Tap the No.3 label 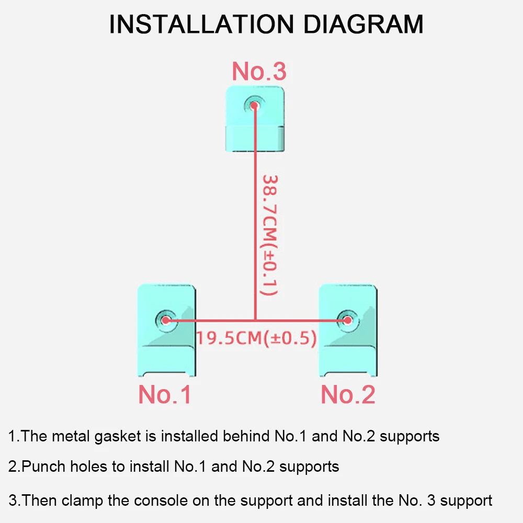[x=259, y=71]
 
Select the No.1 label [x=165, y=394]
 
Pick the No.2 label [x=348, y=394]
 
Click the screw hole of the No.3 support [x=255, y=105]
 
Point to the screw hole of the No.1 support [x=166, y=320]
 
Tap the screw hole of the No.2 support [x=346, y=320]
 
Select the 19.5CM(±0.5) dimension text [x=256, y=338]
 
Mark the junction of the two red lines [x=255, y=320]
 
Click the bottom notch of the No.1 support [x=166, y=373]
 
